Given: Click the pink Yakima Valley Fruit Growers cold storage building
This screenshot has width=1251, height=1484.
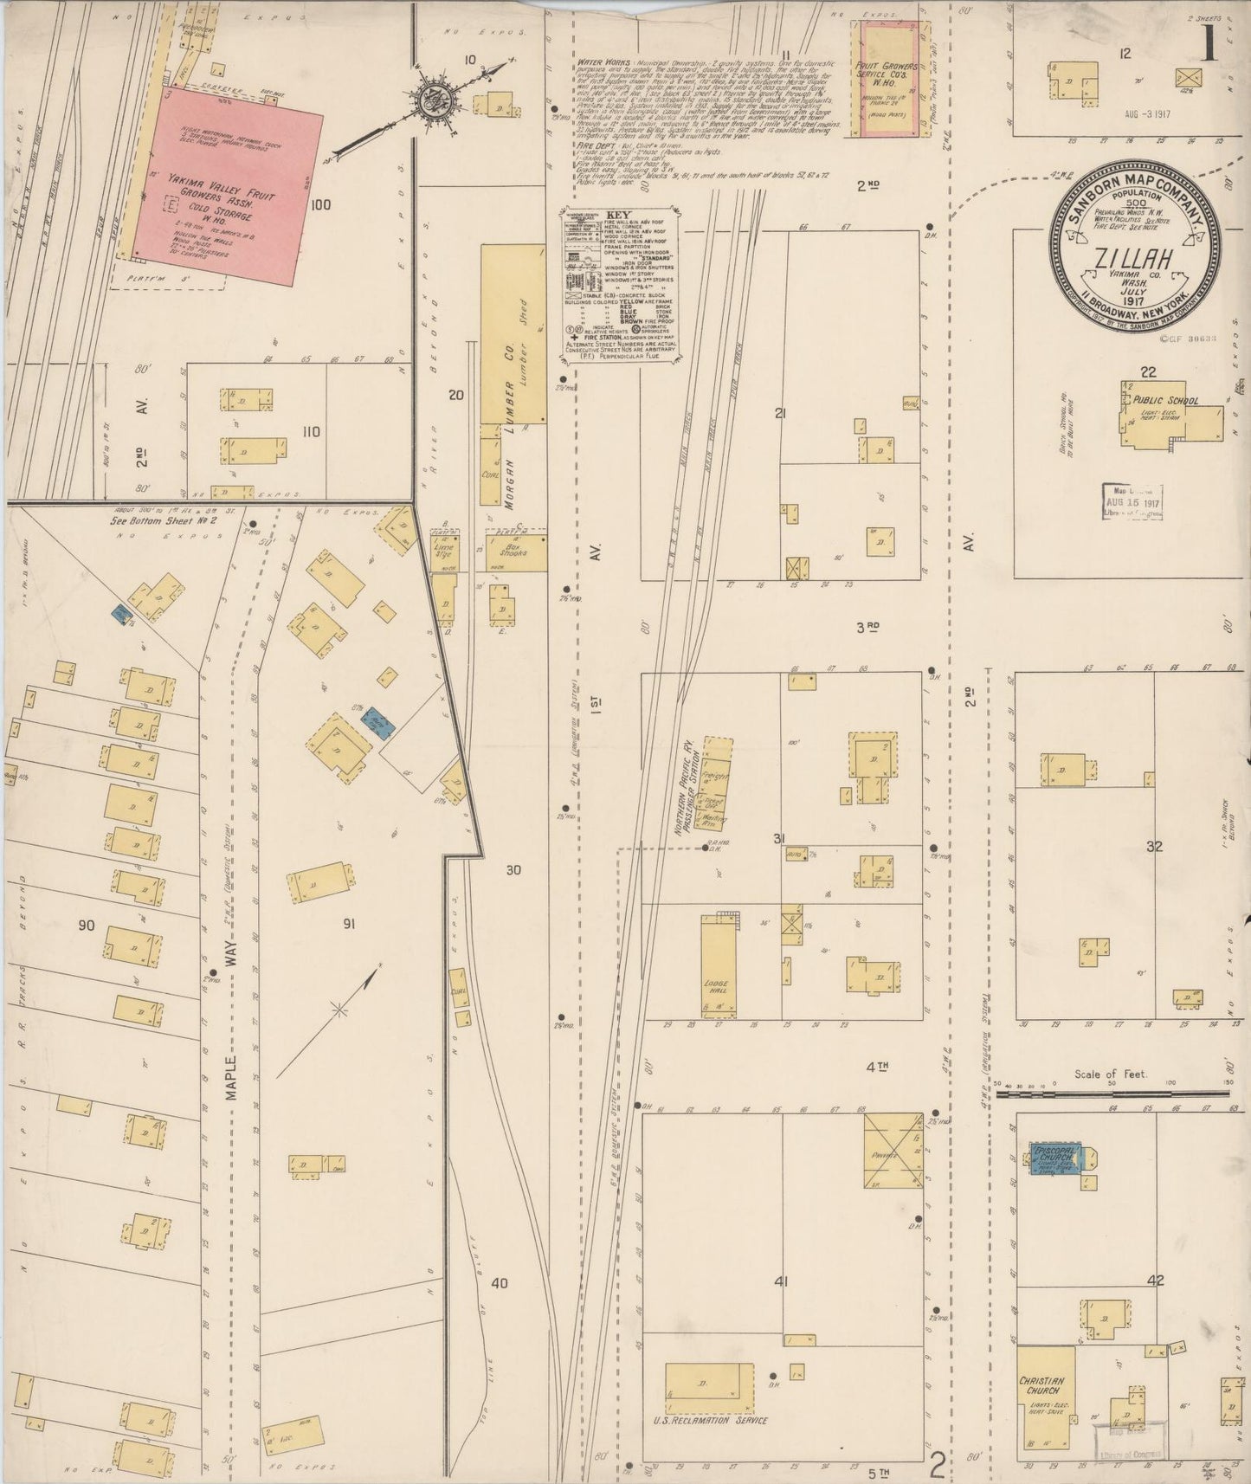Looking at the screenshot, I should point(225,186).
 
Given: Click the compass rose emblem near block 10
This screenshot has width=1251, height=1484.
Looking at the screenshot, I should point(429,101).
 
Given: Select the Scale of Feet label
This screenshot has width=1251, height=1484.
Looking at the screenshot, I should point(1111,1074).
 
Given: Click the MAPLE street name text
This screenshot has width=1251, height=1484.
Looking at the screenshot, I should point(231,1077).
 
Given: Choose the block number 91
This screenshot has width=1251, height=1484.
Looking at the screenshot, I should point(349,925).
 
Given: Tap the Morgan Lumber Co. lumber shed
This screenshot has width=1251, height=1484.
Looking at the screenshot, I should point(513,333).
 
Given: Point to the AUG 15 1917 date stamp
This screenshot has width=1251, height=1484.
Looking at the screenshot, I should point(1132,502).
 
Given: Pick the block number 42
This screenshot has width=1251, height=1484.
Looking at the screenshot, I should point(1154,1281).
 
